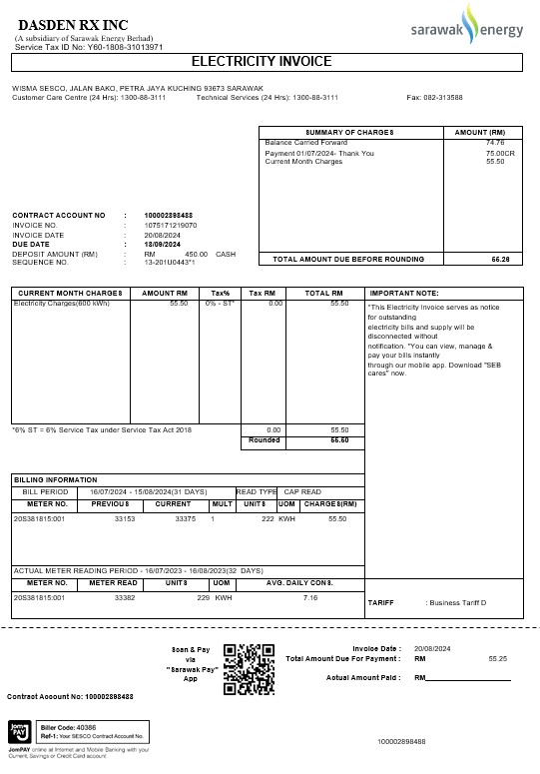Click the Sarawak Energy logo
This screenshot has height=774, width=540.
tap(467, 29)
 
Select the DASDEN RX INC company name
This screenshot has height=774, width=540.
tap(66, 24)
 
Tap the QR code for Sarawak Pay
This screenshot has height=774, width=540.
tap(250, 668)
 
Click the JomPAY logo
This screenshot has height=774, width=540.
tap(19, 732)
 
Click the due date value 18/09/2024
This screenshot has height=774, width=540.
tap(162, 244)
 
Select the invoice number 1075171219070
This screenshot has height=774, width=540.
tap(171, 225)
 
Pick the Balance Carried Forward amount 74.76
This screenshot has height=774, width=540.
tap(495, 143)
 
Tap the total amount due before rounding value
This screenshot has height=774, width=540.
tap(500, 259)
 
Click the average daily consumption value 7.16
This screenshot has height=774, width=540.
tap(310, 597)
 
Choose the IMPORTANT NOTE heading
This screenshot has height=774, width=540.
tap(404, 293)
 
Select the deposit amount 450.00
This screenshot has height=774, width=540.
tap(196, 254)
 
